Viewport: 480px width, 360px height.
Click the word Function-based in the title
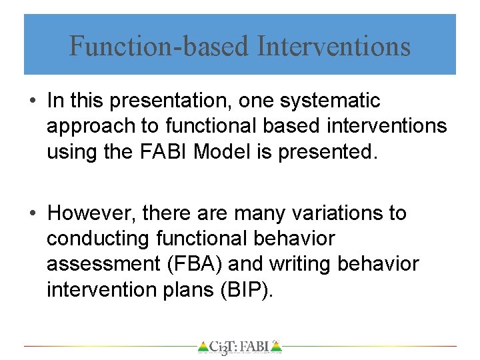coord(159,47)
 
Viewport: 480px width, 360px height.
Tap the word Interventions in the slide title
coord(333,47)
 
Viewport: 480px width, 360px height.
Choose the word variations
coord(330,213)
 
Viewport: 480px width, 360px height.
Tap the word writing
coord(301,264)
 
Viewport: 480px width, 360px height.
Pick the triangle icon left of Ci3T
coord(203,347)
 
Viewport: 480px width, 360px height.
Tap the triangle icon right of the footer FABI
coord(277,347)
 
